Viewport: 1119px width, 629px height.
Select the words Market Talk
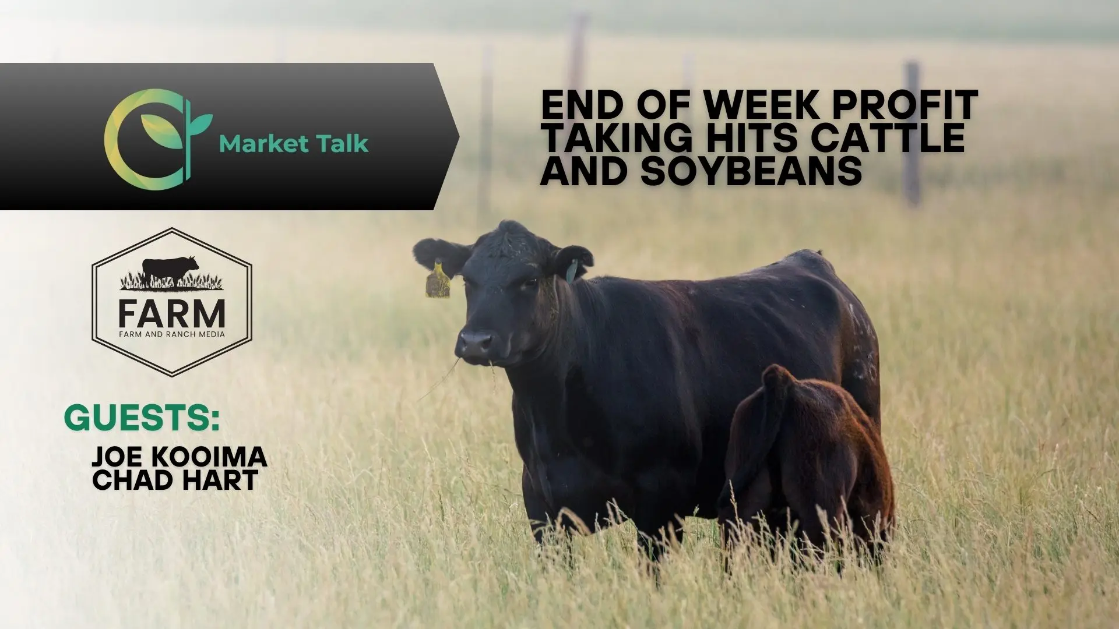point(294,143)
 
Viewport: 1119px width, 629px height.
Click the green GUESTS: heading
point(142,418)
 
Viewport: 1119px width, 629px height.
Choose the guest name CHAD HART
point(175,480)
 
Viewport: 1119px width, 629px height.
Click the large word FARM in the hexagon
point(172,314)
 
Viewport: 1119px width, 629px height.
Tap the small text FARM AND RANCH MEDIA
point(172,334)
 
